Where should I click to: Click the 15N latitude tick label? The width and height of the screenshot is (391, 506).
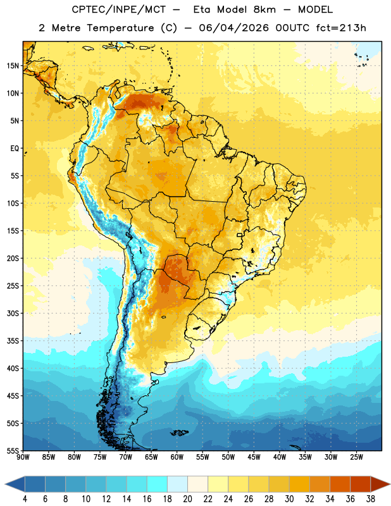pyautogui.click(x=13, y=66)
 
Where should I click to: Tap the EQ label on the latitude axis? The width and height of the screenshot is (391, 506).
pyautogui.click(x=15, y=149)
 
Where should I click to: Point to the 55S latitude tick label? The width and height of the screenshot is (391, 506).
pyautogui.click(x=13, y=451)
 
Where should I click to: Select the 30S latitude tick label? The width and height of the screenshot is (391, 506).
pyautogui.click(x=13, y=313)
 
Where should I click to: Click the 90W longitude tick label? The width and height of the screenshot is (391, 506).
pyautogui.click(x=23, y=457)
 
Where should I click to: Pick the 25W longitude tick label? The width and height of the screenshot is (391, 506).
pyautogui.click(x=356, y=457)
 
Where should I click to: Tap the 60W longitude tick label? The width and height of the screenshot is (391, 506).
pyautogui.click(x=177, y=457)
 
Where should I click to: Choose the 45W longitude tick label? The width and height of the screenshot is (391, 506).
pyautogui.click(x=254, y=457)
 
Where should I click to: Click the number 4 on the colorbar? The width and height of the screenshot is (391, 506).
pyautogui.click(x=25, y=499)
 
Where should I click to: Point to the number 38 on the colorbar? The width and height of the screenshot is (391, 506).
pyautogui.click(x=370, y=499)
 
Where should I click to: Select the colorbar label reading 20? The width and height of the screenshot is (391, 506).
pyautogui.click(x=187, y=499)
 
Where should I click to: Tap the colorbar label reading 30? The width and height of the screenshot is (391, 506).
pyautogui.click(x=289, y=499)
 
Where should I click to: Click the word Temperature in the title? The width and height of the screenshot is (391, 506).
pyautogui.click(x=120, y=28)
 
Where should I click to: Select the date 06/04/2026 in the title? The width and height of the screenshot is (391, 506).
pyautogui.click(x=233, y=28)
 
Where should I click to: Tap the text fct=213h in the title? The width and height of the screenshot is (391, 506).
pyautogui.click(x=341, y=28)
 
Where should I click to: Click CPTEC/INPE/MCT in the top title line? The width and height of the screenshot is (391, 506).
pyautogui.click(x=119, y=9)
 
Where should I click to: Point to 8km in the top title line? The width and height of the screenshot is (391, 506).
pyautogui.click(x=264, y=9)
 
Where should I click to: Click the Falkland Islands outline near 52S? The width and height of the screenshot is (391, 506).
pyautogui.click(x=180, y=433)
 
